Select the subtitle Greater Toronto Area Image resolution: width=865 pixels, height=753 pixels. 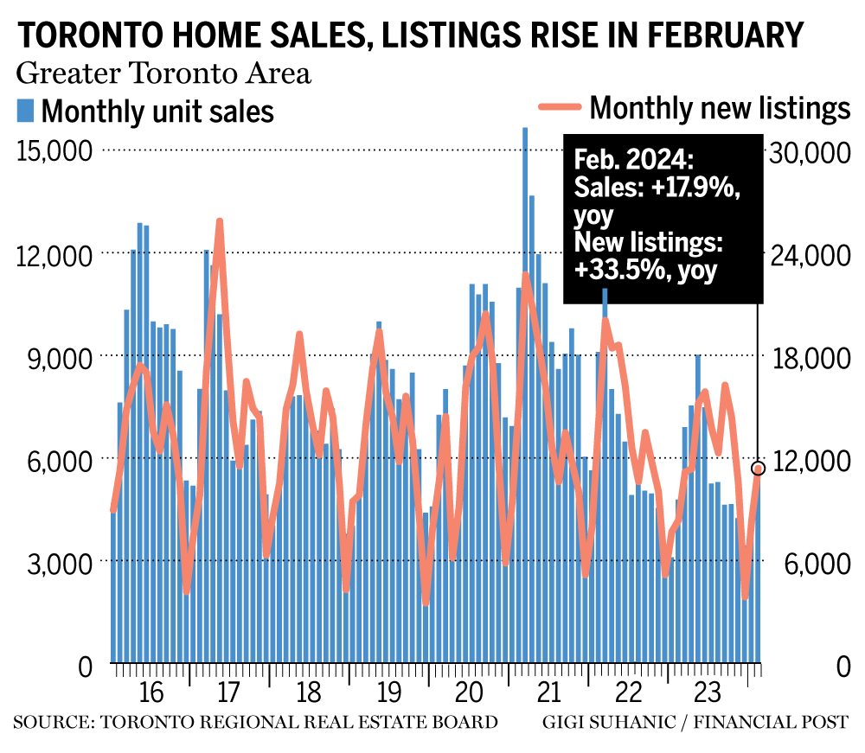tap(163, 73)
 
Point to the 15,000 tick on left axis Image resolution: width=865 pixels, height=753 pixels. tap(54, 150)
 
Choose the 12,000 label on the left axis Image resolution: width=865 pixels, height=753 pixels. tap(54, 253)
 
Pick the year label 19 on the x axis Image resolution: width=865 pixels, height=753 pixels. tap(388, 693)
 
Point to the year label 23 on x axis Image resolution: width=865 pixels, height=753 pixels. tap(705, 693)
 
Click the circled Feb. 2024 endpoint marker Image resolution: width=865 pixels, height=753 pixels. tap(759, 469)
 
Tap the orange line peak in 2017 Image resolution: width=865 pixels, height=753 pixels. tap(220, 222)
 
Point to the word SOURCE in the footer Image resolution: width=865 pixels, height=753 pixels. tap(50, 721)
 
